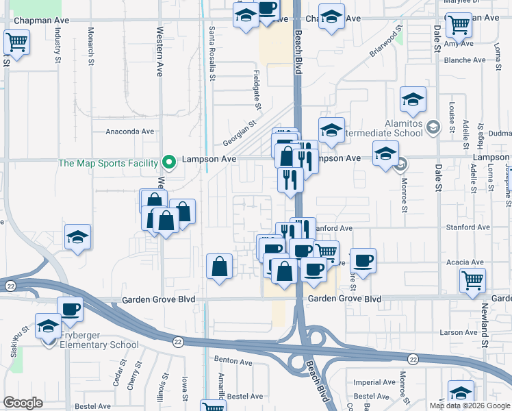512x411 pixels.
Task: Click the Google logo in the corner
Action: [x=23, y=403]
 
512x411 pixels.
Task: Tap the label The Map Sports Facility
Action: [x=108, y=163]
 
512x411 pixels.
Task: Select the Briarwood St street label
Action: [x=384, y=42]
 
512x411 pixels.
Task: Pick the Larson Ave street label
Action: [x=459, y=332]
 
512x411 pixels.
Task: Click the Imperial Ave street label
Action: [x=374, y=382]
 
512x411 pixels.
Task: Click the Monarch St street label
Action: [x=90, y=47]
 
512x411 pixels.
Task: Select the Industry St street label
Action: [x=57, y=47]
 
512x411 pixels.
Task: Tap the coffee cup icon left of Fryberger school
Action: [x=70, y=309]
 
